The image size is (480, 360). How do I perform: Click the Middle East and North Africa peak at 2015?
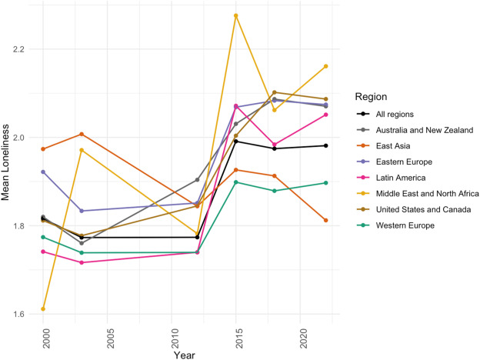[x=236, y=16]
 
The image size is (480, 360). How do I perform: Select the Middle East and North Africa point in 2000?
[x=43, y=309]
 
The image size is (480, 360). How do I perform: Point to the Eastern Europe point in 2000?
[x=43, y=172]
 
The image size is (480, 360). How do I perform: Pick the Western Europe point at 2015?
[x=236, y=182]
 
